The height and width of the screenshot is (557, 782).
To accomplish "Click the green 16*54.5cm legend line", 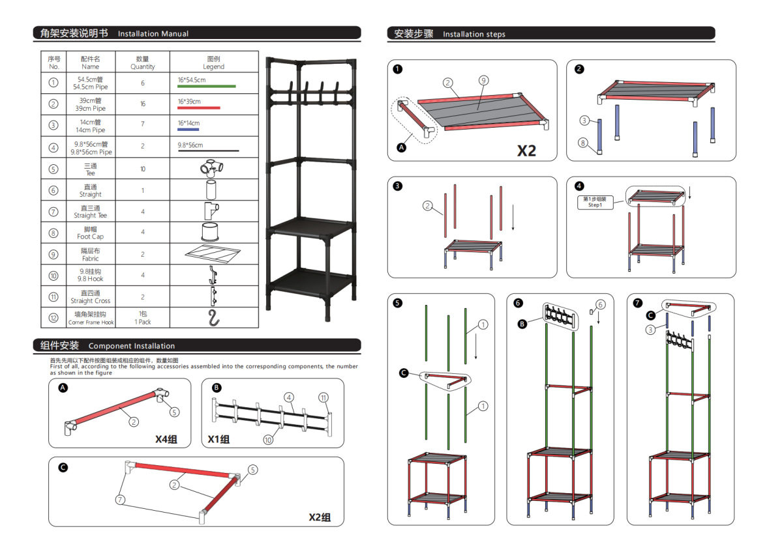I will pos(206,86).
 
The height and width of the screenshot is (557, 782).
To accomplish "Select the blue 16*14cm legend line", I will pos(188,129).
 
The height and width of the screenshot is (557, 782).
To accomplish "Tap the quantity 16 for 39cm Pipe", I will pos(142,104).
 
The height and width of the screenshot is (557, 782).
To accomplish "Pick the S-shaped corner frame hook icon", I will pos(213,318).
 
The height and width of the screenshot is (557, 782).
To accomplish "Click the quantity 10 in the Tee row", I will pos(142,169).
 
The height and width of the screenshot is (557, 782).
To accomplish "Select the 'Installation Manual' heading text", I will pos(153,34).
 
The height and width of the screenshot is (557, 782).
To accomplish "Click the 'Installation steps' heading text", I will pos(474,35).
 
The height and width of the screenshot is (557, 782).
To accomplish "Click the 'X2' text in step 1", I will pos(526,150).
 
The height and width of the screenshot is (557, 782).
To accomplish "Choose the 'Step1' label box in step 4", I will pos(594,202).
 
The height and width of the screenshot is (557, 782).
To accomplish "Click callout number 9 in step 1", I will pos(483,80).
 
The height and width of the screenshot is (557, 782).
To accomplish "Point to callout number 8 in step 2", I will pos(583,142).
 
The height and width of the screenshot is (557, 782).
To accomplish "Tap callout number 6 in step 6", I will pos(601,304).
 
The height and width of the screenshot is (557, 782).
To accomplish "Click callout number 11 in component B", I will pos(323,397).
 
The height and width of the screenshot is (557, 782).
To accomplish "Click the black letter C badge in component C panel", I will pos(63,467).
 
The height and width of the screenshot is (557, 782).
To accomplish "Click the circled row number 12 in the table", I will pos(53,318).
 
